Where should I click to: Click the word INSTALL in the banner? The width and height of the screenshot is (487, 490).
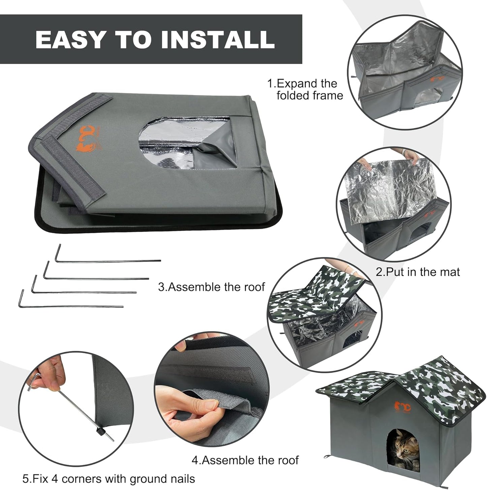click(218, 39)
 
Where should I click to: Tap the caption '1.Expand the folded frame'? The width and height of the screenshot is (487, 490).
click(305, 89)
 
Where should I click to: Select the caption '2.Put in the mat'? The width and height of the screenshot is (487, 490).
click(418, 272)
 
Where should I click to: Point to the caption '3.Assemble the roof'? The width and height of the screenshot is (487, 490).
click(211, 287)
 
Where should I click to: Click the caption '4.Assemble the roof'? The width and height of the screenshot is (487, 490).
click(245, 460)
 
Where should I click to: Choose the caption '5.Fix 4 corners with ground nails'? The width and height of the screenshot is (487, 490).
click(109, 479)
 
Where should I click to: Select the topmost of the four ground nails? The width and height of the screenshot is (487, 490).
click(108, 259)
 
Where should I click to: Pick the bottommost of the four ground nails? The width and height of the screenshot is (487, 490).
click(71, 305)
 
